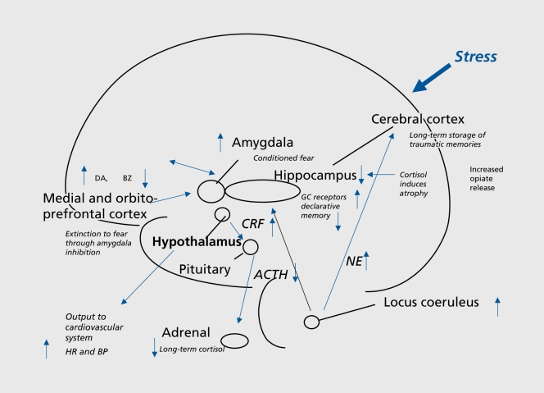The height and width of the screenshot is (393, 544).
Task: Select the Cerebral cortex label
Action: (419, 119)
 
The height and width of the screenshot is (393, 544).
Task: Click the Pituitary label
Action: (206, 268)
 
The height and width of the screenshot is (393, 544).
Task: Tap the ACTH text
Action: (270, 275)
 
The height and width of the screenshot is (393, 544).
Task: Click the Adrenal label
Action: (186, 333)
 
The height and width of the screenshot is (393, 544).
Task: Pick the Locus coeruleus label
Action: (431, 303)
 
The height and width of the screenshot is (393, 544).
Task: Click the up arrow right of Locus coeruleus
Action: (496, 307)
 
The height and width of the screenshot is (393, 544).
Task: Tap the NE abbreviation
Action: (353, 262)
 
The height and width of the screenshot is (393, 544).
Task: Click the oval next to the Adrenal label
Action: (234, 340)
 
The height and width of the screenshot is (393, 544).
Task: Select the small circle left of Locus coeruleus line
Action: (311, 322)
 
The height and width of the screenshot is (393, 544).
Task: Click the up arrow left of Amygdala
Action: (219, 142)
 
